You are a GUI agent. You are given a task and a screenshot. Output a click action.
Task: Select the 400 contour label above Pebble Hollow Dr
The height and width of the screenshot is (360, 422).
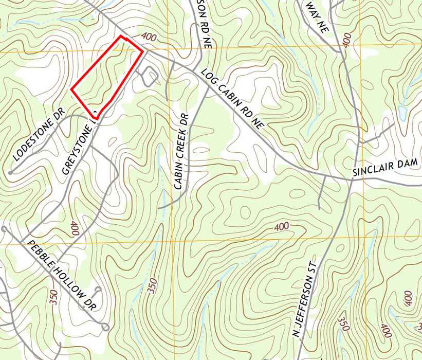[x=74, y=228]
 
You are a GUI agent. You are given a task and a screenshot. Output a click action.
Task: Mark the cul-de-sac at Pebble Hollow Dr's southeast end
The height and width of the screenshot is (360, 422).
[x=105, y=326]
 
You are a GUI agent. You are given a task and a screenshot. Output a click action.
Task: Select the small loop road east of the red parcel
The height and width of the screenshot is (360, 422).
[x=150, y=76]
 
